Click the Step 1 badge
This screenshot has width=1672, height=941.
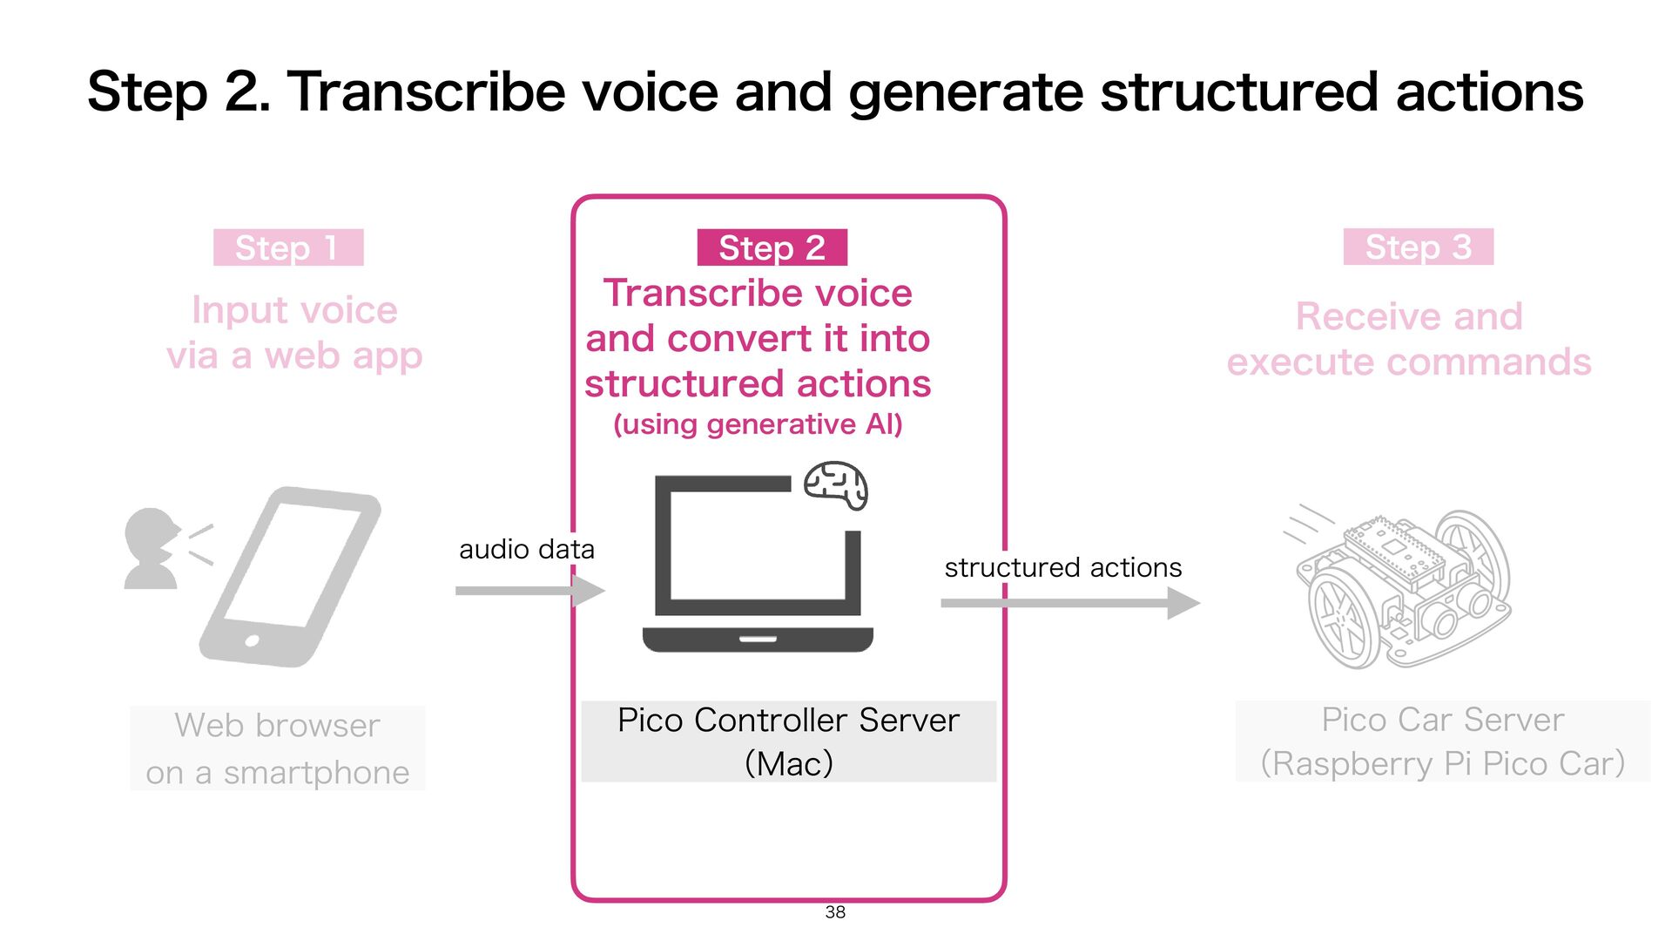[x=288, y=248]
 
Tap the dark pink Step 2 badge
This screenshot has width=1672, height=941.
[x=772, y=248]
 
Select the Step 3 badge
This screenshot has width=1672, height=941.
[x=1418, y=247]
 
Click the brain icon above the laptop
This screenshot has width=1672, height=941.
[x=835, y=485]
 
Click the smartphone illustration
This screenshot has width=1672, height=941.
[x=290, y=577]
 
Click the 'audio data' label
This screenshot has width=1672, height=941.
[x=526, y=550]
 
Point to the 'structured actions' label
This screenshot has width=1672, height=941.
[x=1062, y=568]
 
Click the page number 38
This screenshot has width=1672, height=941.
[x=835, y=912]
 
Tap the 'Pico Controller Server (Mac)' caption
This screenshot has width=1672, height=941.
[x=788, y=741]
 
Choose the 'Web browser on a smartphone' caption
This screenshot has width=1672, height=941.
[x=277, y=748]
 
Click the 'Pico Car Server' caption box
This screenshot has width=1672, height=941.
[x=1442, y=741]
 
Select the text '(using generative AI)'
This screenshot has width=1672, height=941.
[x=758, y=424]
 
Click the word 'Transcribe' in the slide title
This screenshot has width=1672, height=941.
[x=427, y=91]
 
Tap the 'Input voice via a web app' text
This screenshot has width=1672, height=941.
[x=294, y=333]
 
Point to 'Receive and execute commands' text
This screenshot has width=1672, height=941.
[x=1409, y=339]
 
